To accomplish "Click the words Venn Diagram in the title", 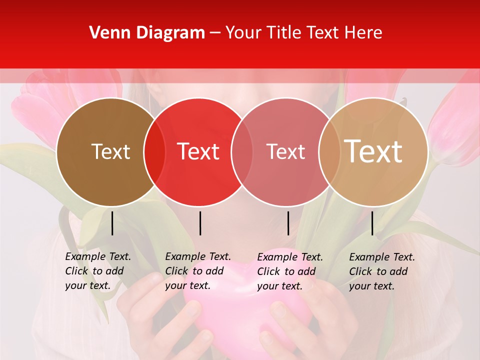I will click(147, 33).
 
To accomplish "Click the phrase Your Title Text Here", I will click(303, 33).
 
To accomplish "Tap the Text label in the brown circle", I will click(110, 151).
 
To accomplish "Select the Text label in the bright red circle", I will click(198, 151).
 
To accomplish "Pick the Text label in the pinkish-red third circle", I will click(286, 151).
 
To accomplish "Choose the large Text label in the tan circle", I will click(373, 151).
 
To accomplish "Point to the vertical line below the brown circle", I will click(112, 223).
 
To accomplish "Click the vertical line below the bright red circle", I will click(200, 223).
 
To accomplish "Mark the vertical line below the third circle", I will click(288, 223).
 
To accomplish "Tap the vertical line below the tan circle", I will click(372, 223).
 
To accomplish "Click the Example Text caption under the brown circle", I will click(98, 271).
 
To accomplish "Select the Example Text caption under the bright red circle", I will click(198, 271).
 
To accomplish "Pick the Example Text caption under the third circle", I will click(290, 271).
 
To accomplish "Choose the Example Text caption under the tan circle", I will click(382, 271).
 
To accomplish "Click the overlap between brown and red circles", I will click(154, 151).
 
